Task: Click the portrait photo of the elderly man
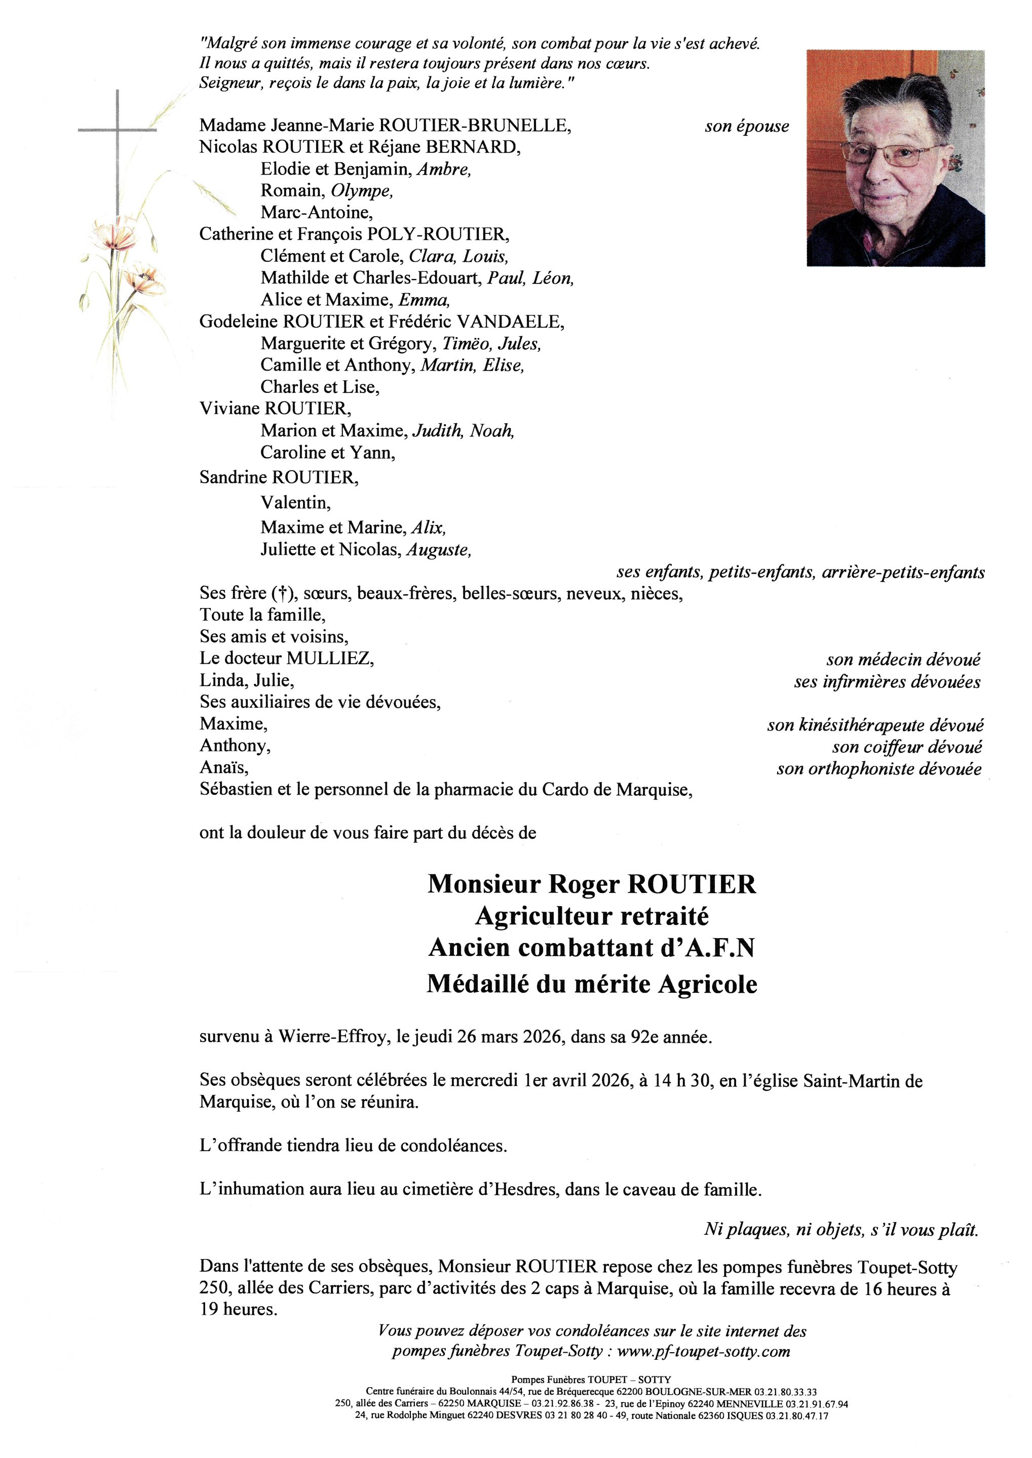pos(895,158)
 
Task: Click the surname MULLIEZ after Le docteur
pos(330,659)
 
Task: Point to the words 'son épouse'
pos(747,127)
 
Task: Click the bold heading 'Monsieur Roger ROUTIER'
pos(592,884)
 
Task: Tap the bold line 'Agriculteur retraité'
pos(592,916)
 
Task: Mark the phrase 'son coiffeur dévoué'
pos(907,747)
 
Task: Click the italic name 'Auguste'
pos(438,549)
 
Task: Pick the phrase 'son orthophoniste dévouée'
pos(879,769)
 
